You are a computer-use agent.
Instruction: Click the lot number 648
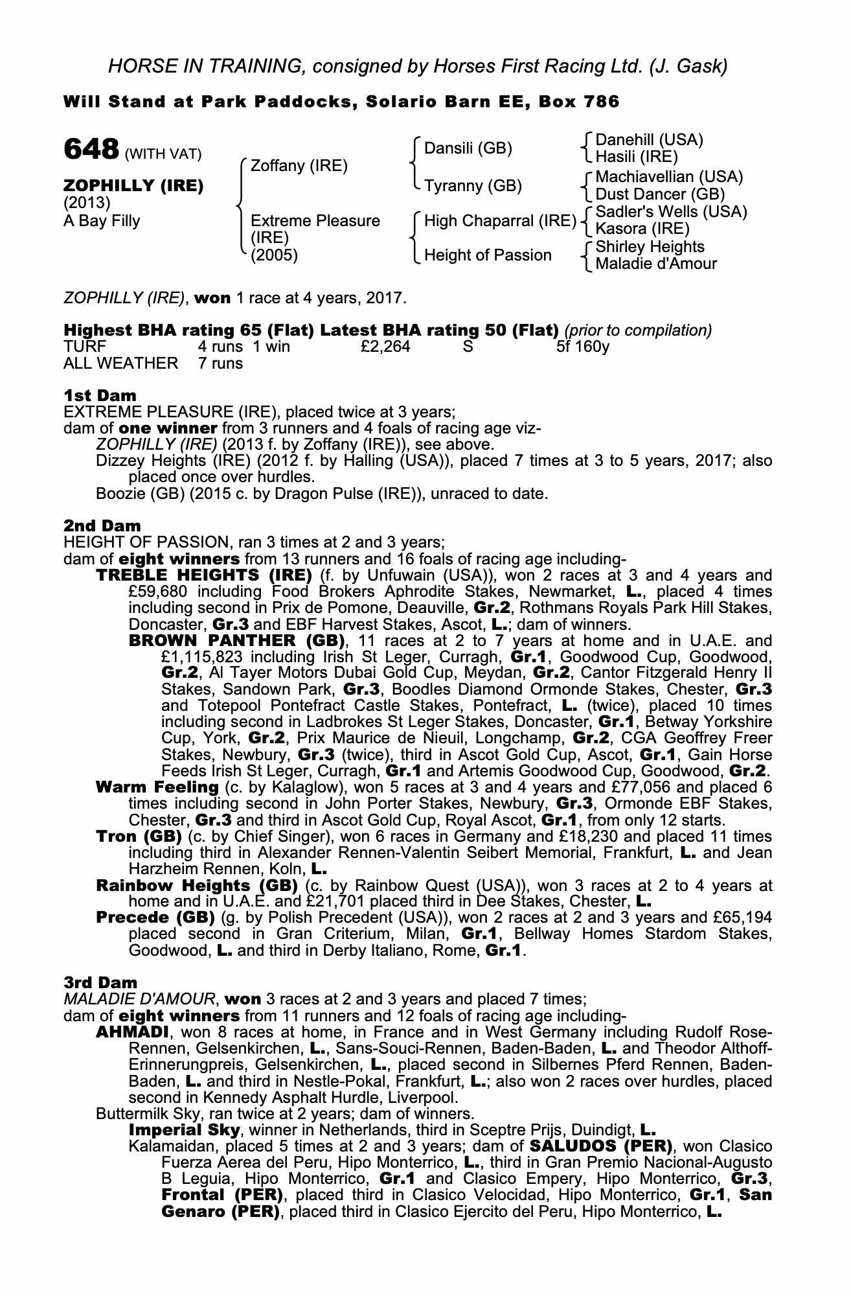91,150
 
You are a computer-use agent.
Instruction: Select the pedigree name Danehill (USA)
648,140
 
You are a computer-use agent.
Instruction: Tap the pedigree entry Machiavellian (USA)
668,177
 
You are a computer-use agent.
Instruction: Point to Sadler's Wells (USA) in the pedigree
671,212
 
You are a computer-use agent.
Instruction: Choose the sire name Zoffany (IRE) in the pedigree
299,166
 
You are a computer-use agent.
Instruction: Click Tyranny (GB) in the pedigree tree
472,186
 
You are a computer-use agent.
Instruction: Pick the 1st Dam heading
100,395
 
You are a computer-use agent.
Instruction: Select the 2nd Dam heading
102,526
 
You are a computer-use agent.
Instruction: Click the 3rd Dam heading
100,982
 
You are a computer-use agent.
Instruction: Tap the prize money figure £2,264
385,347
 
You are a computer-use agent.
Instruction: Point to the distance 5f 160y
583,347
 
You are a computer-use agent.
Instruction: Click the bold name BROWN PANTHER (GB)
236,641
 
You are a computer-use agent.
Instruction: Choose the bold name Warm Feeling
157,787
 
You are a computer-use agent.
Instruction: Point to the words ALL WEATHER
120,364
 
